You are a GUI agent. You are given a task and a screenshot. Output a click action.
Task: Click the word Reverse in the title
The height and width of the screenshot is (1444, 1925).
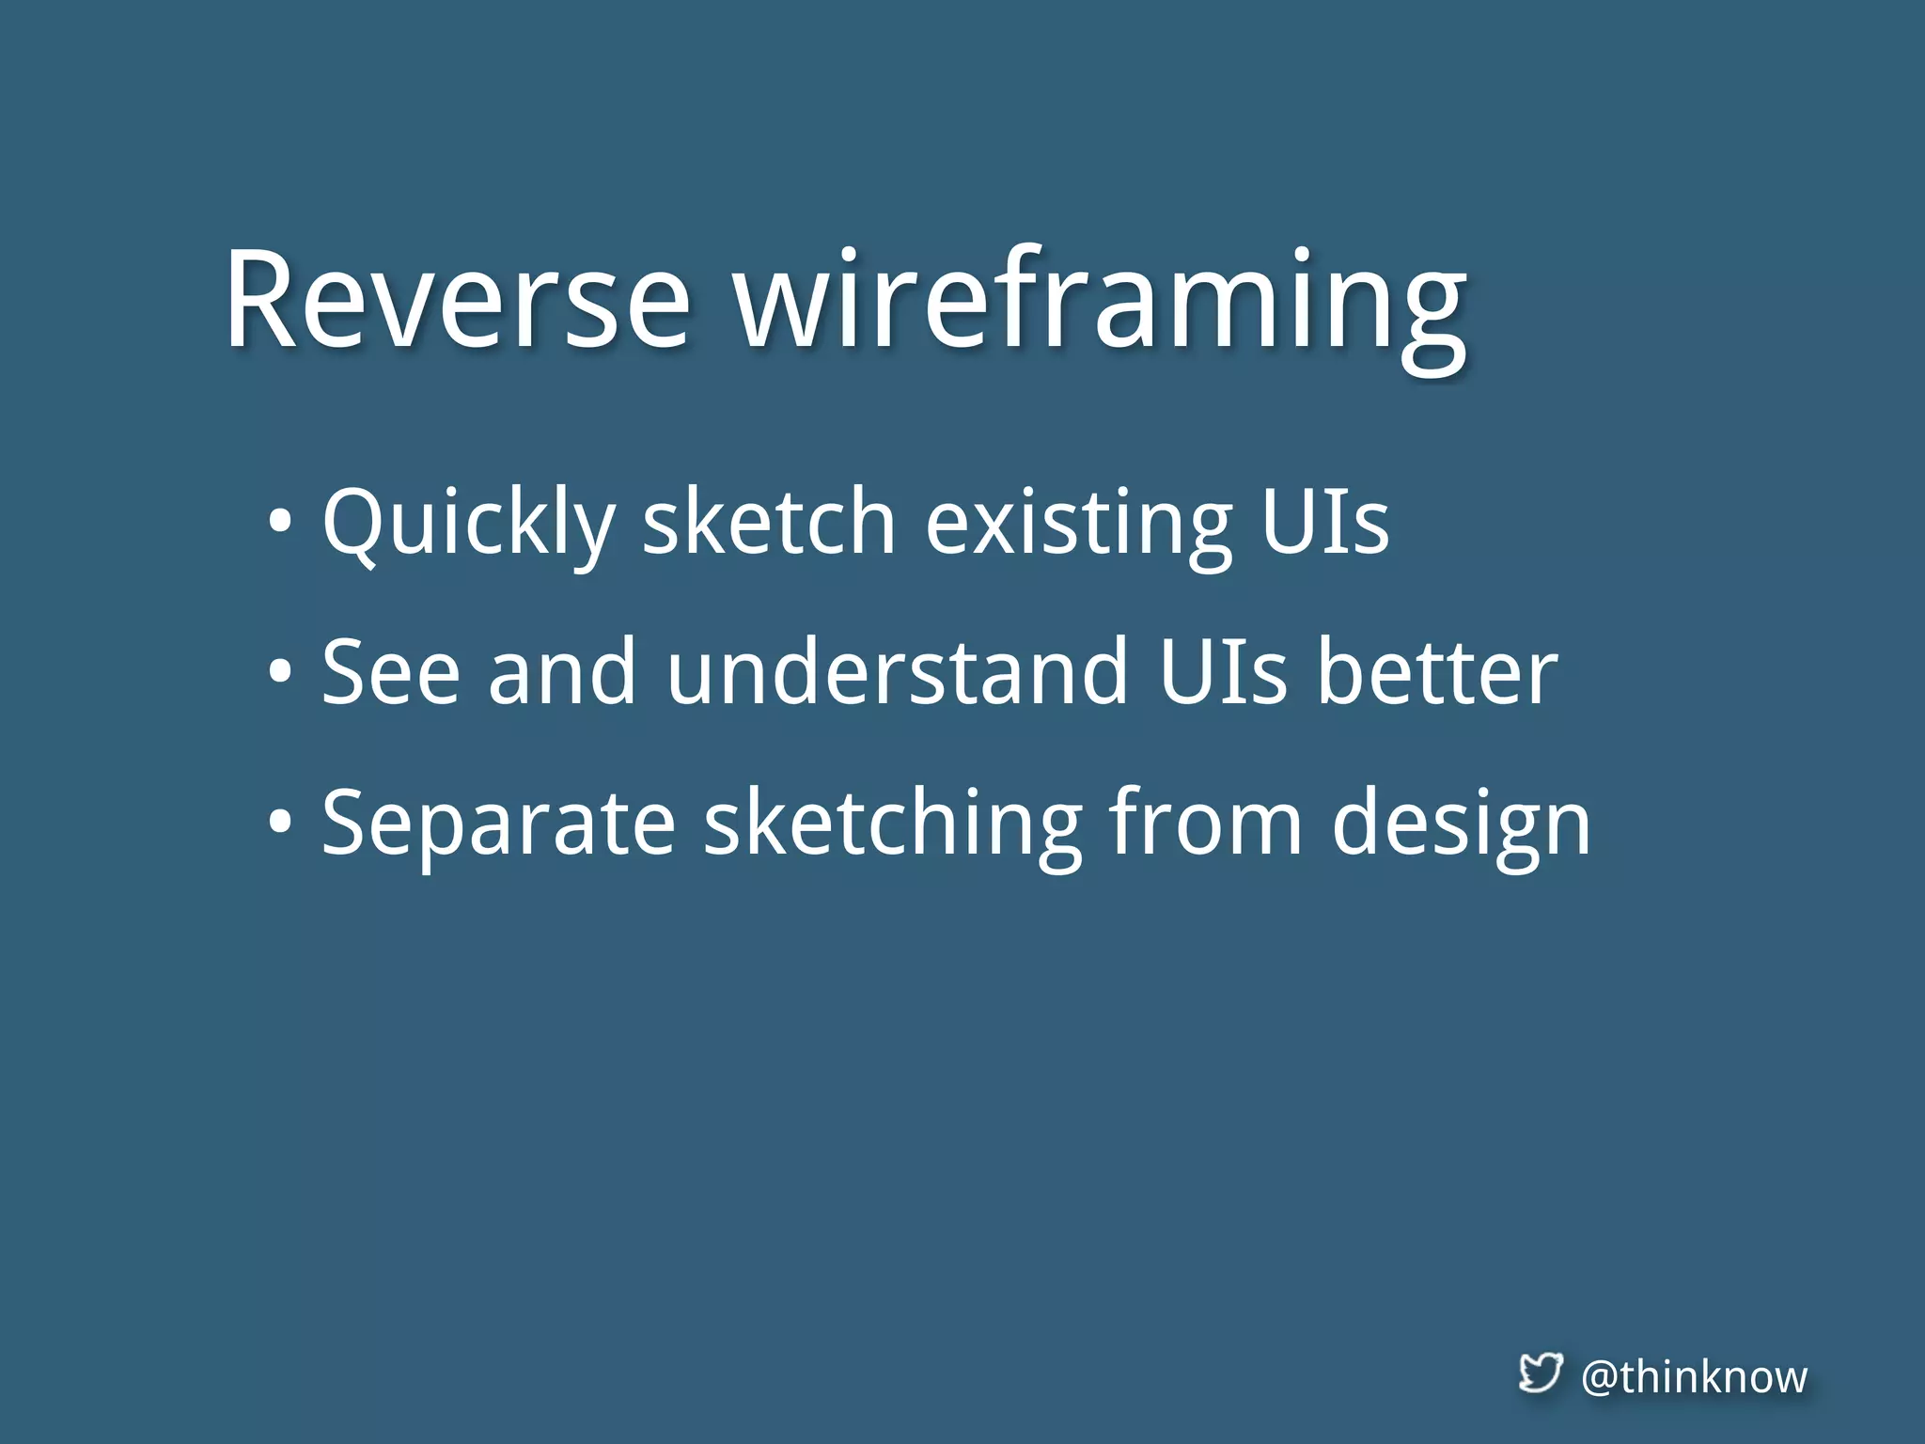coord(458,301)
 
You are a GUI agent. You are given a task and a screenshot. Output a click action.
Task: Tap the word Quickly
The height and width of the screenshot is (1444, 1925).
coord(467,524)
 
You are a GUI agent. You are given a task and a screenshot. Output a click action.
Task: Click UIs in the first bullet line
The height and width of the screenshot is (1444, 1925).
coord(1324,522)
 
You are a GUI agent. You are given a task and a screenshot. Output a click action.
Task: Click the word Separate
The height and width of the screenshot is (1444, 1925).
coord(498,824)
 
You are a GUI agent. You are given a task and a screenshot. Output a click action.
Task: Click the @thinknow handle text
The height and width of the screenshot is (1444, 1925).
coord(1694,1377)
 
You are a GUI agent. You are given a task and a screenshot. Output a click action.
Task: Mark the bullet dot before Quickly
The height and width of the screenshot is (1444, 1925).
coord(279,522)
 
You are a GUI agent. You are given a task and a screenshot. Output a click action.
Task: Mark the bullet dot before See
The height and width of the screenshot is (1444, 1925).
coord(279,672)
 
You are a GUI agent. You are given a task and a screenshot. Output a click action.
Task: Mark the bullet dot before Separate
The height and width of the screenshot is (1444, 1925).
coord(279,823)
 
